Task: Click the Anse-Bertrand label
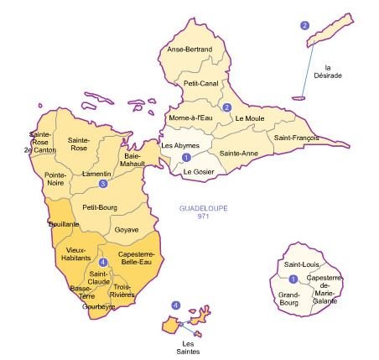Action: [190, 50]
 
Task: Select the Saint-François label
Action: [293, 135]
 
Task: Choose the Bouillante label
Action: [64, 225]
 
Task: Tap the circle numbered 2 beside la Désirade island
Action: [304, 25]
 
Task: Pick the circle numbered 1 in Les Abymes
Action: [186, 157]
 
